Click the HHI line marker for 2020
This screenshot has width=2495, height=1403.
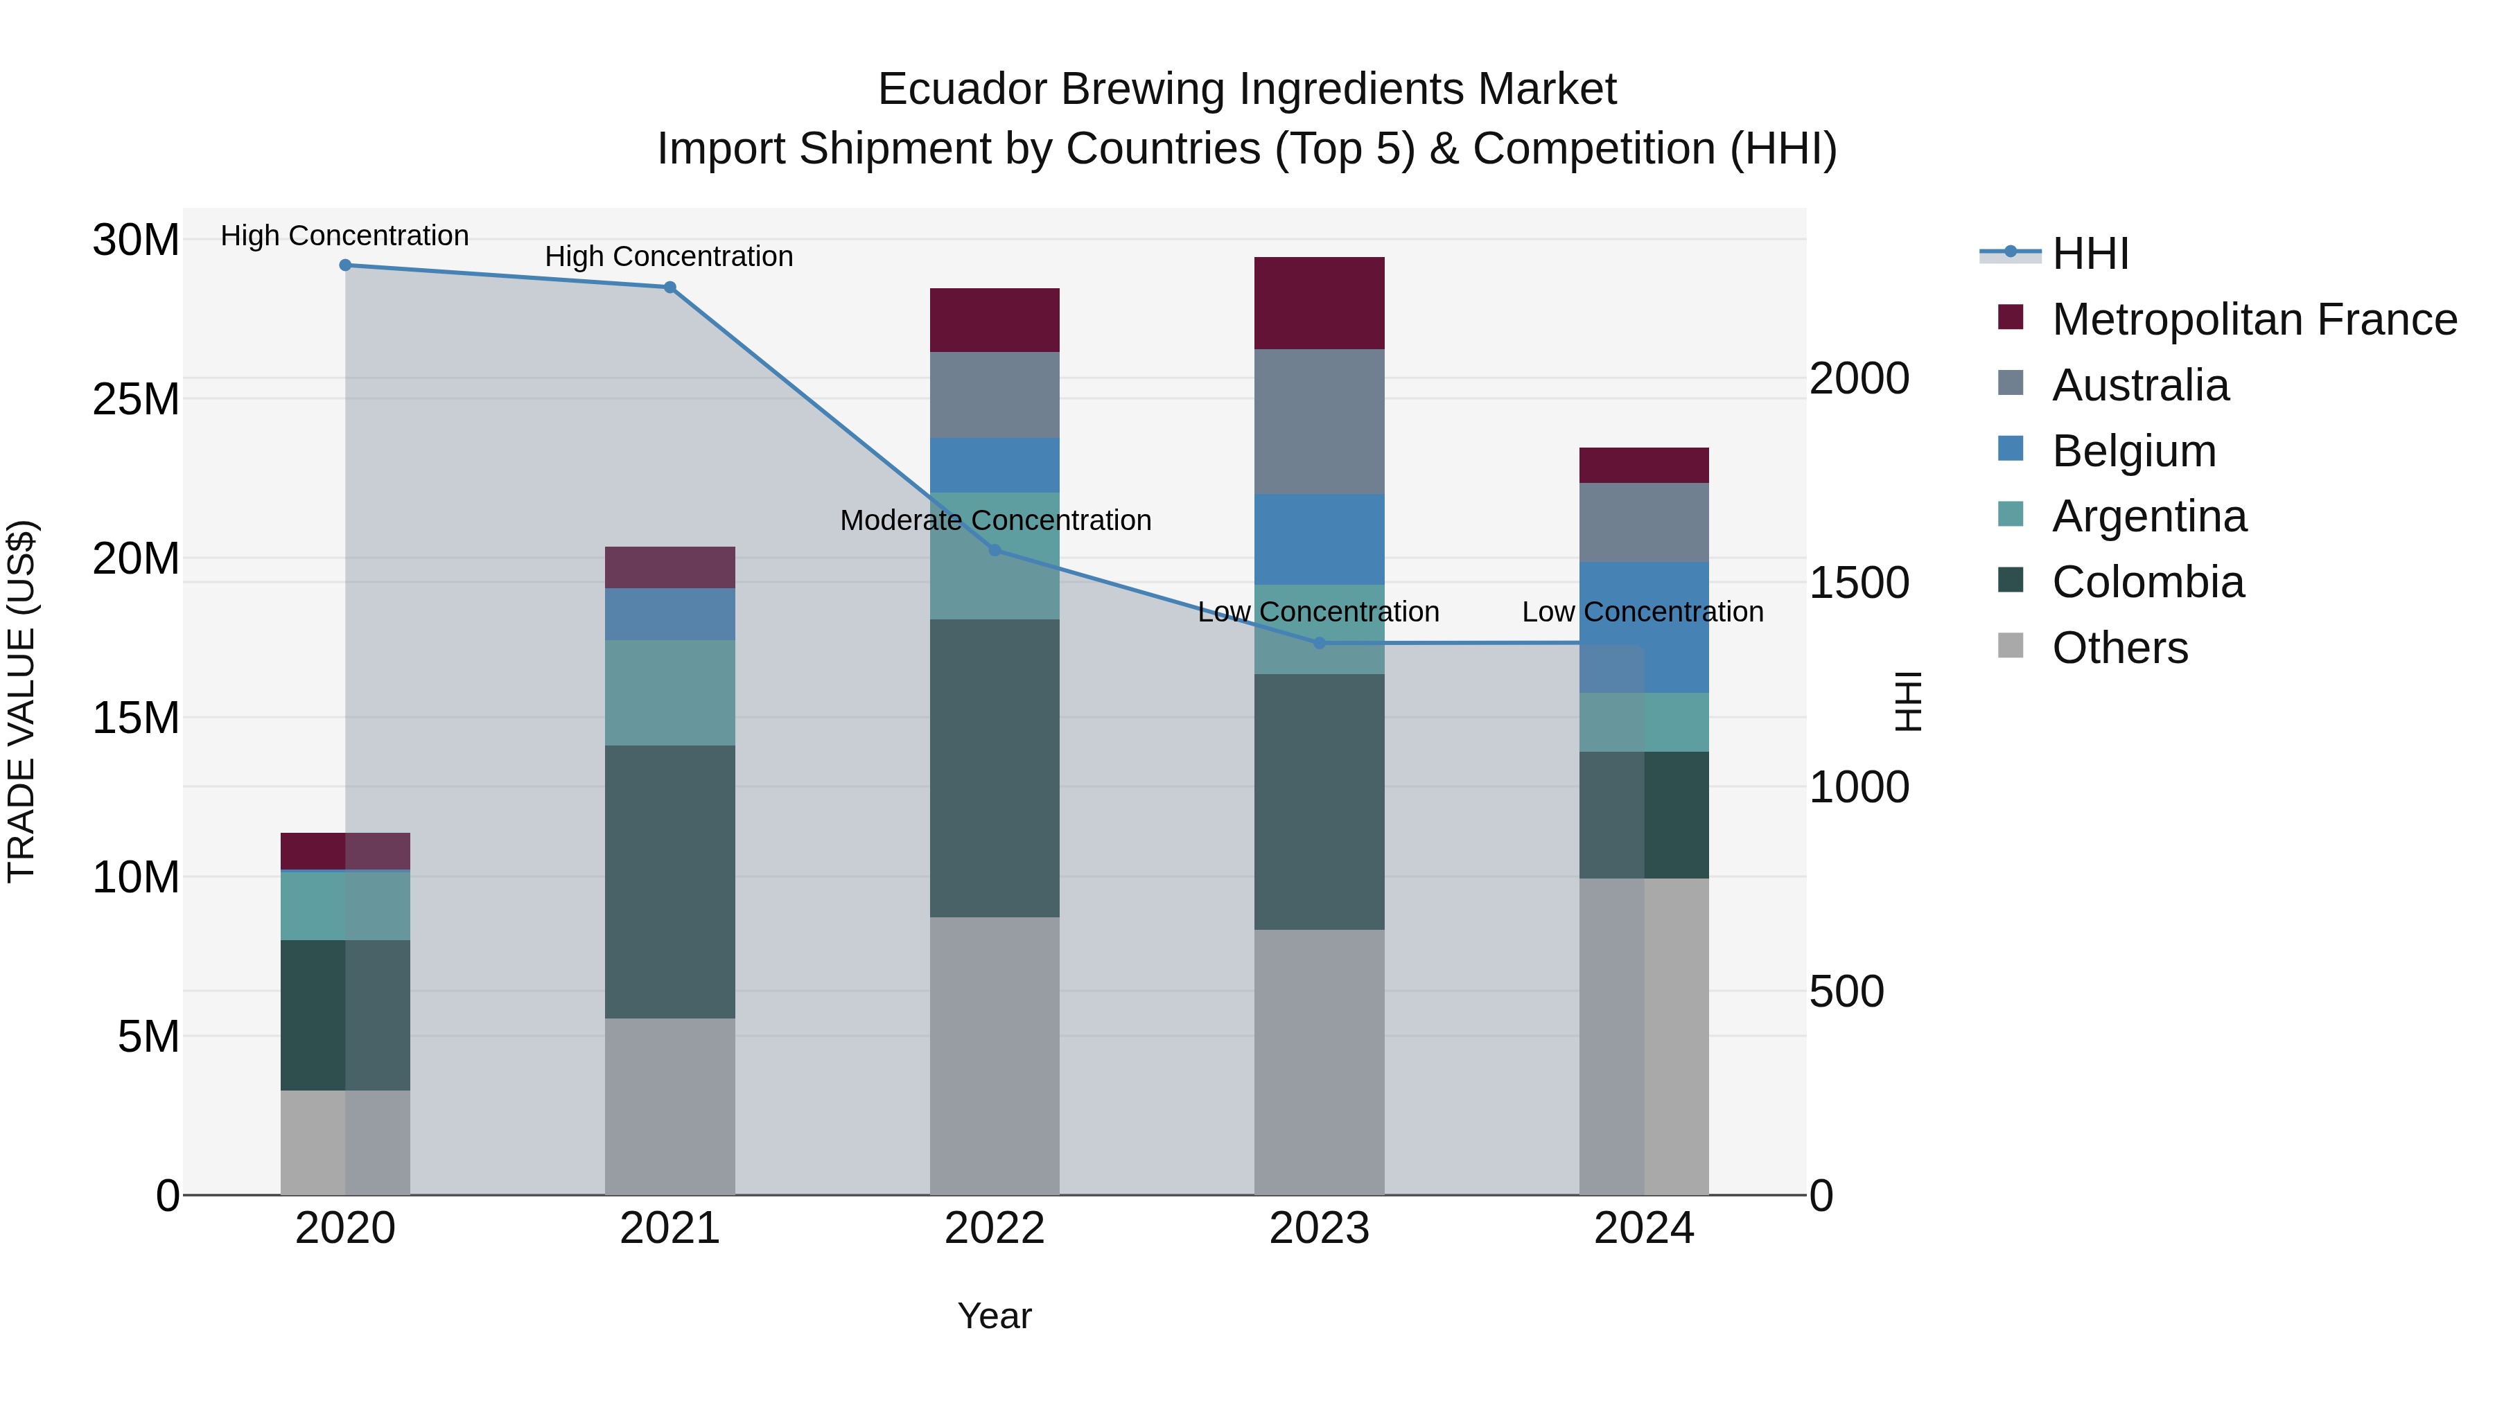[345, 265]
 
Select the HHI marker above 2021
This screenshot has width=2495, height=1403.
[669, 288]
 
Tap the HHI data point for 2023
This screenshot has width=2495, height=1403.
[1318, 643]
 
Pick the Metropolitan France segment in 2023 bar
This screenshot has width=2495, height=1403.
[1318, 303]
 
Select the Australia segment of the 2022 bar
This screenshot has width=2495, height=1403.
[994, 395]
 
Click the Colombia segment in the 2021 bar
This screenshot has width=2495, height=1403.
[669, 881]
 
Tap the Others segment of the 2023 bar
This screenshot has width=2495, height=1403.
[1318, 1061]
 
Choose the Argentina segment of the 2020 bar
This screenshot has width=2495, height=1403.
[345, 906]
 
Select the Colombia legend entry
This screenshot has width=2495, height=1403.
[2146, 583]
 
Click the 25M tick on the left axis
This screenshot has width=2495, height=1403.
[136, 400]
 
